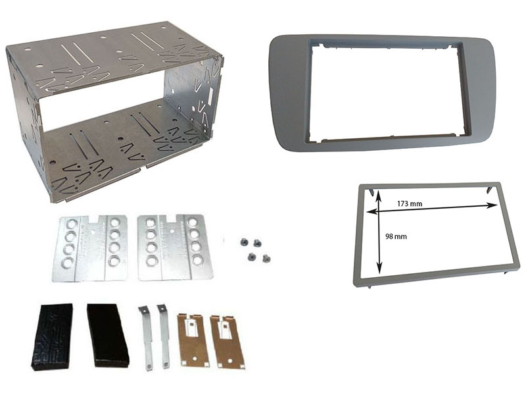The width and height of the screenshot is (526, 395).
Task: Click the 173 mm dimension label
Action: [x=410, y=203]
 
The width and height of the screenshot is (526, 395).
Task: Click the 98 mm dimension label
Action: [x=396, y=236]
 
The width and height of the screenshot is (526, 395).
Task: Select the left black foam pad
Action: [x=52, y=337]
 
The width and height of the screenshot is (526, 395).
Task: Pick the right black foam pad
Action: [x=108, y=335]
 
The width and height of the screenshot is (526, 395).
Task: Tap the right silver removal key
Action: [x=164, y=336]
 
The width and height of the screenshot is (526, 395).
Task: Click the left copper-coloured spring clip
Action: [x=192, y=339]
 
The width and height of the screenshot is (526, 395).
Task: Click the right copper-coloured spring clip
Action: [x=227, y=342]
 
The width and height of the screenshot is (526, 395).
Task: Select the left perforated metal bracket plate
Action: [x=90, y=248]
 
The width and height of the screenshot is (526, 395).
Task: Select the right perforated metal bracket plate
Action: [x=175, y=248]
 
